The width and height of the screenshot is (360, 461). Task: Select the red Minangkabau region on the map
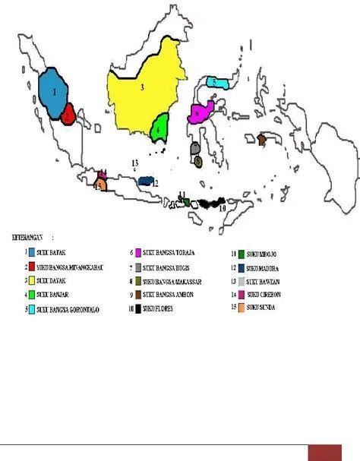click(68, 115)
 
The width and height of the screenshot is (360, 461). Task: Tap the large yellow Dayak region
click(144, 95)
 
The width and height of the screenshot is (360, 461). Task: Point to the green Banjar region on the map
click(159, 127)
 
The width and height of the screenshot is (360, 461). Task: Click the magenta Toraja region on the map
click(201, 114)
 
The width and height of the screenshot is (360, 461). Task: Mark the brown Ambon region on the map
click(261, 139)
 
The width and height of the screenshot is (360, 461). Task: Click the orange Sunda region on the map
click(99, 185)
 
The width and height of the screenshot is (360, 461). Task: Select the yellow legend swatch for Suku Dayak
click(31, 280)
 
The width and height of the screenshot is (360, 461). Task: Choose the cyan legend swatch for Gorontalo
click(31, 308)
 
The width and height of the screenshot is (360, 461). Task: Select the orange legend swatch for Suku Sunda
click(240, 308)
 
